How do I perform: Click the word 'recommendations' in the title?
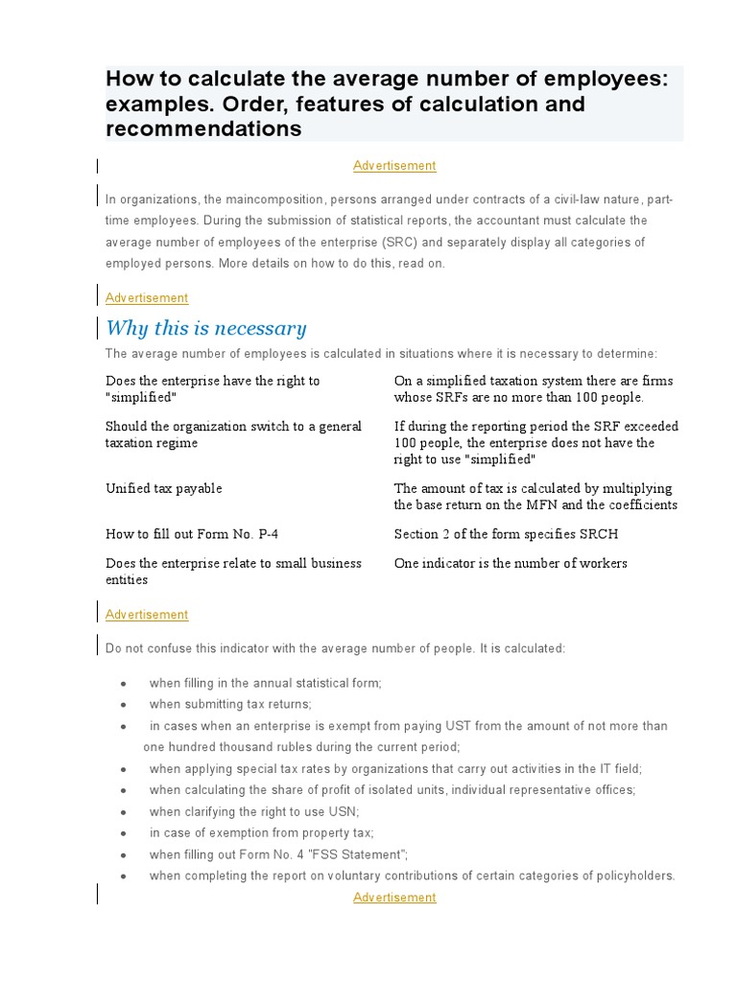tap(203, 129)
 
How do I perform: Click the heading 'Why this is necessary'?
tap(205, 328)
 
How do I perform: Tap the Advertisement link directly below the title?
tap(394, 166)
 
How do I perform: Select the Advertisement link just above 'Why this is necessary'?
tap(147, 298)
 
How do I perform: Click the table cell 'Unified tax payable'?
tap(163, 488)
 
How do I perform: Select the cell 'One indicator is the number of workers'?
tap(511, 563)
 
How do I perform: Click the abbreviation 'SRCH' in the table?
tap(594, 533)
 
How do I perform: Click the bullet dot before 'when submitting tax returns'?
tap(124, 705)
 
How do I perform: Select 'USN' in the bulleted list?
tap(343, 811)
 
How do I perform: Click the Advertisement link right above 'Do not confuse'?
tap(147, 615)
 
